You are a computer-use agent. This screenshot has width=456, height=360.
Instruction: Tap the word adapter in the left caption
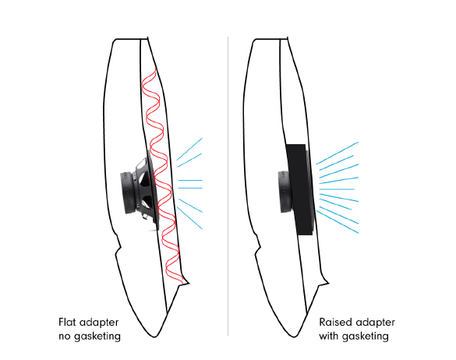point(99,323)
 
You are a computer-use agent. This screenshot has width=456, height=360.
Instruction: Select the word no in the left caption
point(65,337)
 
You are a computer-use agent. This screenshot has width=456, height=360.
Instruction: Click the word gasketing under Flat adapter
point(97,337)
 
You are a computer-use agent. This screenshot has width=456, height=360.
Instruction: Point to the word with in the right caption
point(329,336)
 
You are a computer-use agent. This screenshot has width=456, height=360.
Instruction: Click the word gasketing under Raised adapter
point(366,337)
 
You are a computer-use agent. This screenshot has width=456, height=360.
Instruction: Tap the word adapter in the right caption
point(376,323)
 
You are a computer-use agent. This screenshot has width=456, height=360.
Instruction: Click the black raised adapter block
point(300,189)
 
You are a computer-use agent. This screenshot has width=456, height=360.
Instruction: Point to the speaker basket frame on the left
point(147,190)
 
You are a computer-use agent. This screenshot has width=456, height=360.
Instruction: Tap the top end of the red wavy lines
point(156,68)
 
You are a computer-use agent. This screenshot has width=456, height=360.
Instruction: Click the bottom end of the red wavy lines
point(182,283)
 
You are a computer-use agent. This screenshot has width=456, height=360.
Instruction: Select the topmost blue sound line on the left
point(189,149)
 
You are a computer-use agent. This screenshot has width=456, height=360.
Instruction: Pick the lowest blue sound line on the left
point(189,218)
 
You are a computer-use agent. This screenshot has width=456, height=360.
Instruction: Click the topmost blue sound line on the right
point(338,153)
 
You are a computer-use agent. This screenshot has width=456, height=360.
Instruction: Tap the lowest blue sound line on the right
point(338,222)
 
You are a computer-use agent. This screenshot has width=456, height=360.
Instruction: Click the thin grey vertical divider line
point(228,186)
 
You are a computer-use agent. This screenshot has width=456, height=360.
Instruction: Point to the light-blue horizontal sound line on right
point(337,189)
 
